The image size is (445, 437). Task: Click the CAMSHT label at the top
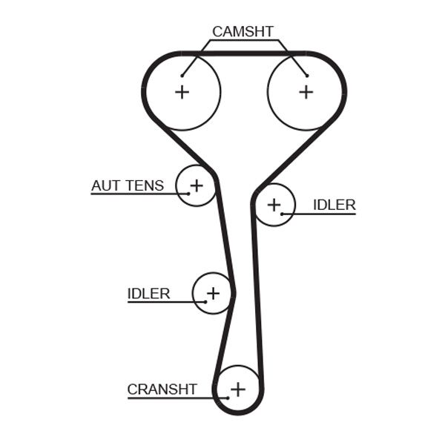click(x=243, y=31)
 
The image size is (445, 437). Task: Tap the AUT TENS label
click(x=127, y=185)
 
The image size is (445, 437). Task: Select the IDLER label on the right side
click(x=334, y=205)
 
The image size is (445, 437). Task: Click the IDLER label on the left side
click(x=148, y=294)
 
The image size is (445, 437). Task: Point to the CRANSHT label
click(x=162, y=390)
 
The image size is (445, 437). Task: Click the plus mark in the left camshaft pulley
click(x=182, y=92)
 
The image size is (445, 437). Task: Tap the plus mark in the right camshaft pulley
click(x=306, y=92)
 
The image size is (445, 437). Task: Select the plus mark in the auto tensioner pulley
click(x=197, y=185)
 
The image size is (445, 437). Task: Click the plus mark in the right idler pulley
click(x=274, y=204)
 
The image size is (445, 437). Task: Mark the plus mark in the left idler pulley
click(x=213, y=293)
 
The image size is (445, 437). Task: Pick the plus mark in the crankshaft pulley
click(x=237, y=389)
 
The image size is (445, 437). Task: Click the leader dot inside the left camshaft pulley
click(x=181, y=75)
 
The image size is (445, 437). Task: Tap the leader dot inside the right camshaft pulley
click(x=306, y=75)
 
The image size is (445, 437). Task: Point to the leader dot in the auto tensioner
click(x=188, y=194)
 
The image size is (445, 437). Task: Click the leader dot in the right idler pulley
click(x=283, y=214)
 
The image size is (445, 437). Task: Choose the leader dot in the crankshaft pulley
click(x=228, y=398)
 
